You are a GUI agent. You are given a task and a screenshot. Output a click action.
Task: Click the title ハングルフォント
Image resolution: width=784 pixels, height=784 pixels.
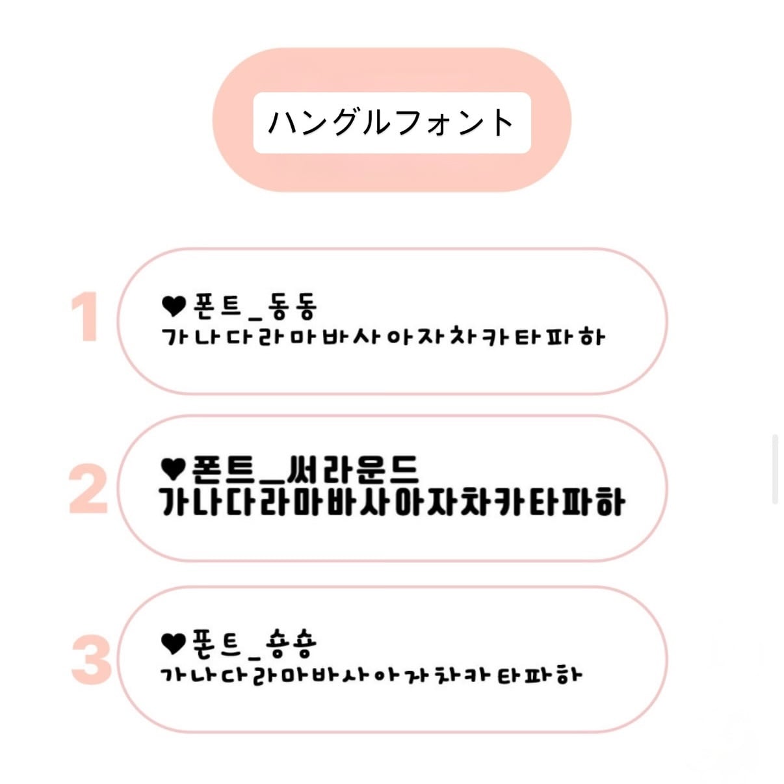point(391,123)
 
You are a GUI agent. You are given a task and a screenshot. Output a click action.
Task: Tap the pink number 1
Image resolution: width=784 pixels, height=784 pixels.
point(85,317)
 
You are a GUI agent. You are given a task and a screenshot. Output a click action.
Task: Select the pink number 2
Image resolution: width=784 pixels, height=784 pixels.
point(88,489)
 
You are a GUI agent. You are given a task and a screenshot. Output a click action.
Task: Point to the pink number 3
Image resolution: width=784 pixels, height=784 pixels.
point(91,660)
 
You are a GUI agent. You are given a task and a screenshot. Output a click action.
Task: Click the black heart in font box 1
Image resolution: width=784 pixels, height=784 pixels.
point(174,306)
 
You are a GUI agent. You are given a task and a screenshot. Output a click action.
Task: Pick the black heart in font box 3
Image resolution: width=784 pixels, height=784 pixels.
point(173,643)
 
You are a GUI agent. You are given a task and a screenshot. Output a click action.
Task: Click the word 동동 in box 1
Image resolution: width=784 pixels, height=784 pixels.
point(292,306)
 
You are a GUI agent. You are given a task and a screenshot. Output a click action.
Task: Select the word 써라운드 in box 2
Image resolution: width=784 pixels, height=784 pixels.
point(352,468)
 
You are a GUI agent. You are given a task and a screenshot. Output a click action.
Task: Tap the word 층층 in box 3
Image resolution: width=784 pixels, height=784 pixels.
point(291,643)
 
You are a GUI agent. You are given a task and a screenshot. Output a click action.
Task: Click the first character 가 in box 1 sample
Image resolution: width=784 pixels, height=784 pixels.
point(174,337)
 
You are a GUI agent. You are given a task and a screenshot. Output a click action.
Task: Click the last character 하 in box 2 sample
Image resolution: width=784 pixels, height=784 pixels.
point(610,502)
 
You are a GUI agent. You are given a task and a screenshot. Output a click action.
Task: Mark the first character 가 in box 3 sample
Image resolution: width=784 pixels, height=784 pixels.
point(172,674)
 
